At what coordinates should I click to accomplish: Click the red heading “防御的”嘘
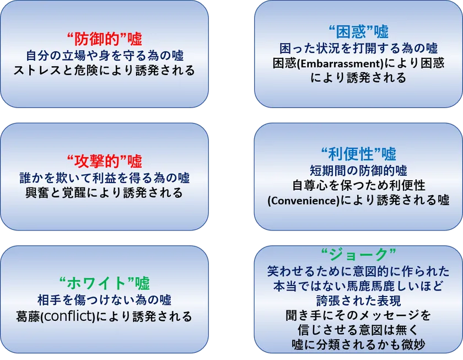104,40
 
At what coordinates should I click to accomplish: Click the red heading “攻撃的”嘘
105,162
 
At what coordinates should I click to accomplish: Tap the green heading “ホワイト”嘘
104,283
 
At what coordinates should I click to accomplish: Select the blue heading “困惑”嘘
358,31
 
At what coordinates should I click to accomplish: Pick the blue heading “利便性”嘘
358,153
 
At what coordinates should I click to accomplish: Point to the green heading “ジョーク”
358,255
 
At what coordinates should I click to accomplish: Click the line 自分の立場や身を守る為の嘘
105,56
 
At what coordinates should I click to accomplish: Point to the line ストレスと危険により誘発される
105,71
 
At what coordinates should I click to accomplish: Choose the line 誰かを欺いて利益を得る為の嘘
105,178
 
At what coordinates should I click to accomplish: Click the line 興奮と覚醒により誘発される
105,194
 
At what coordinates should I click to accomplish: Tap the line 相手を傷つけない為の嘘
105,300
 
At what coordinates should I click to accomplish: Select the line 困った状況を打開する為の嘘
358,48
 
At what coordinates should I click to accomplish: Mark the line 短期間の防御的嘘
358,169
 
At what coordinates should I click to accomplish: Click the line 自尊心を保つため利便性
358,185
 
